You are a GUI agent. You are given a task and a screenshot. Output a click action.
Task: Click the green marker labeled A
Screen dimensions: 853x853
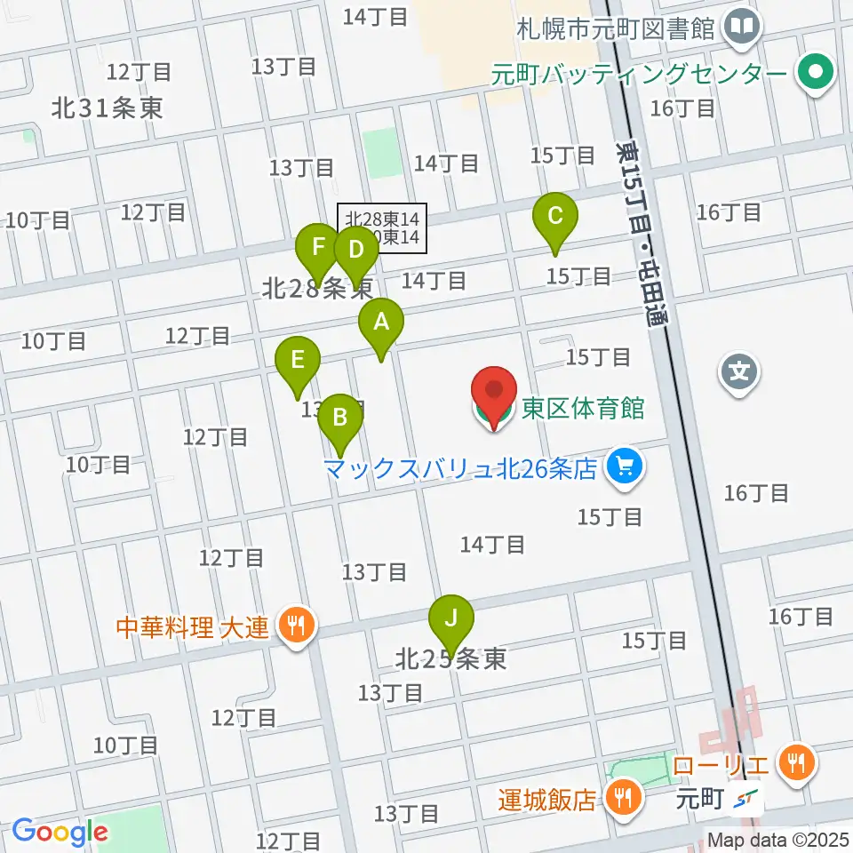[381, 326]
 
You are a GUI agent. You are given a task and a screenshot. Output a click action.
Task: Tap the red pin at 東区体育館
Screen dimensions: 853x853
[493, 395]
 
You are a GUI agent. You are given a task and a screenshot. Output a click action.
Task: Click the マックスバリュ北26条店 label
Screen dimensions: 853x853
[459, 468]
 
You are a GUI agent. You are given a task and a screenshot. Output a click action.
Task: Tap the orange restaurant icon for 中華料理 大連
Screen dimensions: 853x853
[294, 627]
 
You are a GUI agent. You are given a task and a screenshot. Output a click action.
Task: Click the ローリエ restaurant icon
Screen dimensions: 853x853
[793, 761]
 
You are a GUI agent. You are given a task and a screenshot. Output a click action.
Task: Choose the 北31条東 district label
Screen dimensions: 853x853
[107, 109]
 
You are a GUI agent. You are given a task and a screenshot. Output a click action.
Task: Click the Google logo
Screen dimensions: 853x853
[60, 832]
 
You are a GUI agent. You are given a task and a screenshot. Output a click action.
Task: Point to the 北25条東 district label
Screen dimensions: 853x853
[451, 659]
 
